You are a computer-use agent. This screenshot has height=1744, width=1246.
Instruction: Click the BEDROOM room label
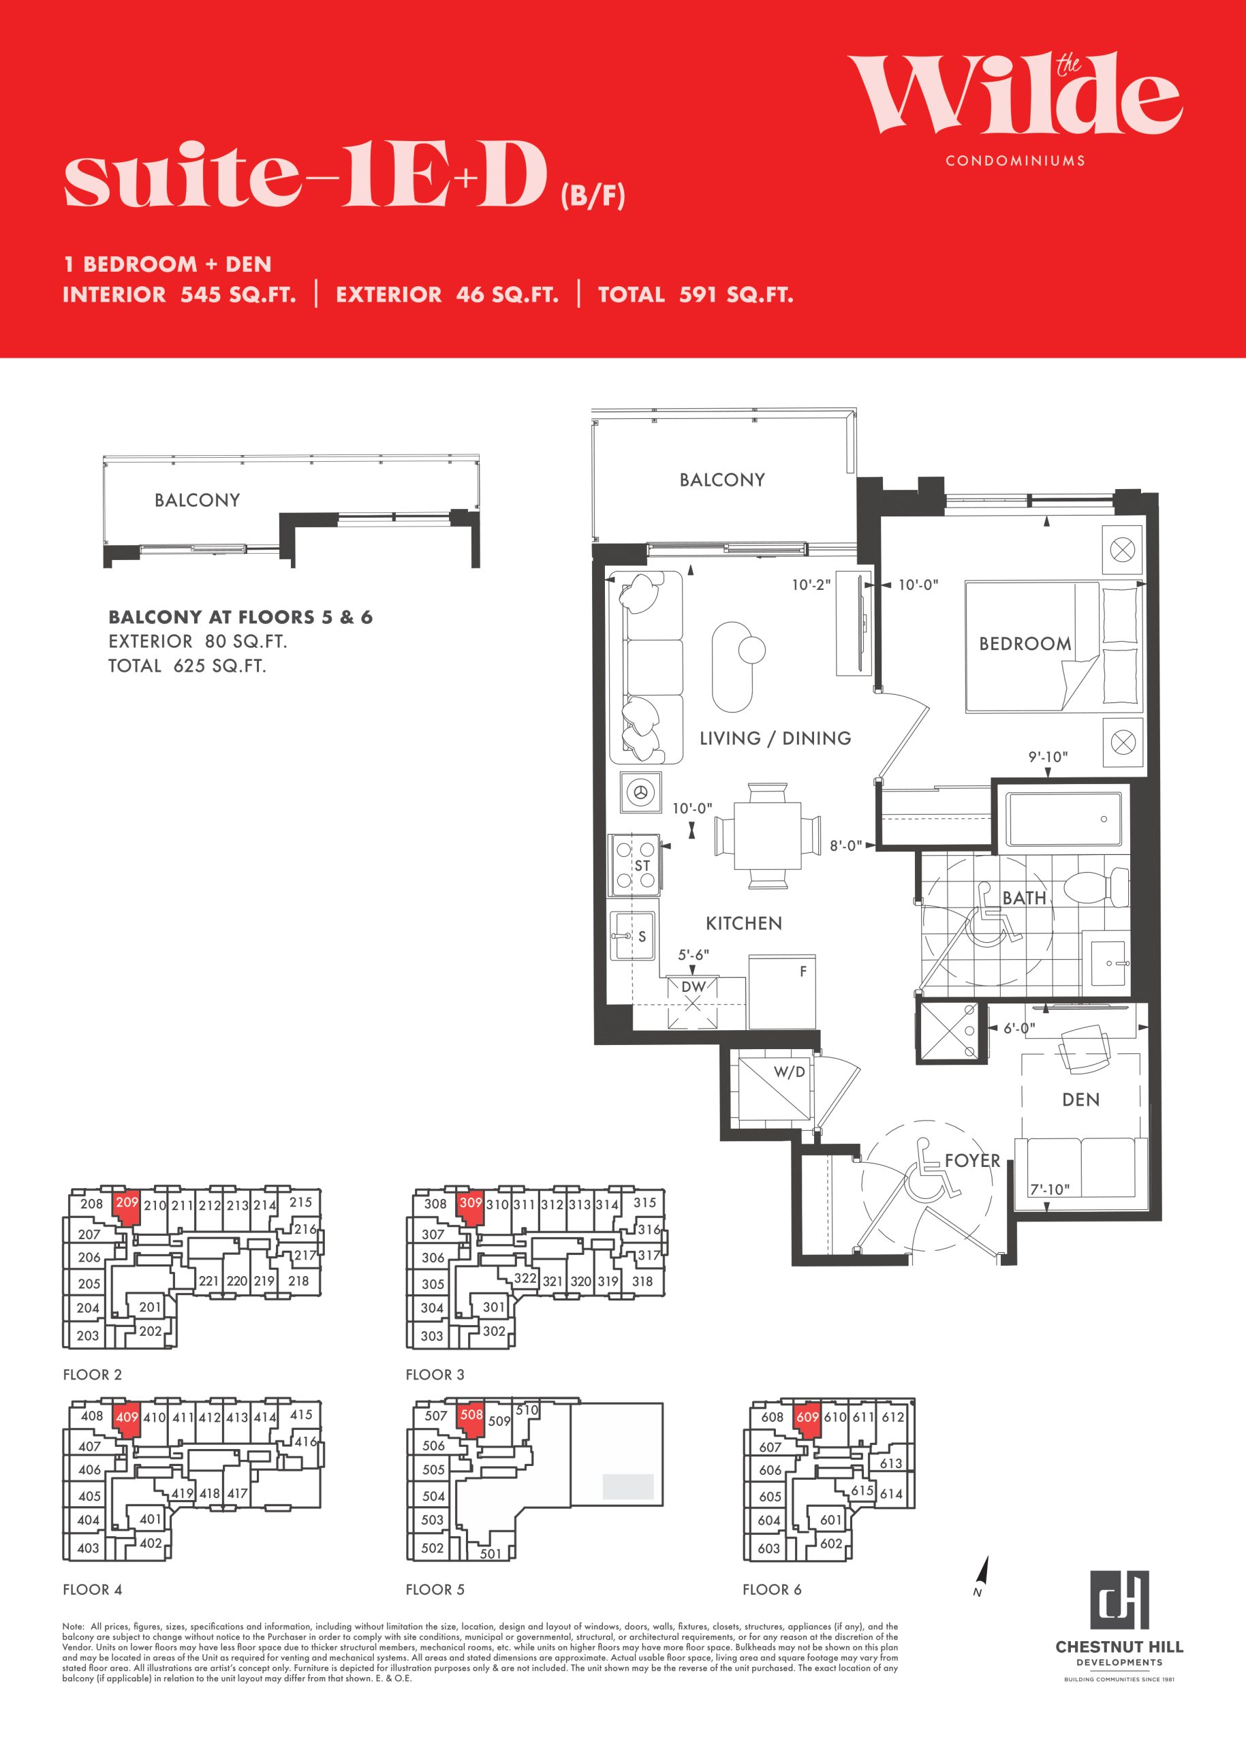1025,643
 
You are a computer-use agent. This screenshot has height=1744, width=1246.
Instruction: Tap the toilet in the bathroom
1098,887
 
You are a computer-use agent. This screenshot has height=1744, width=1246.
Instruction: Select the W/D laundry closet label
789,1071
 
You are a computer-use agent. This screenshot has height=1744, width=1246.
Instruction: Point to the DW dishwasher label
693,986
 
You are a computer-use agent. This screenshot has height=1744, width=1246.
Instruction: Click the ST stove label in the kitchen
642,865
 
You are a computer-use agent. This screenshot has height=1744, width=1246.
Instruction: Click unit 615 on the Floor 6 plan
862,1490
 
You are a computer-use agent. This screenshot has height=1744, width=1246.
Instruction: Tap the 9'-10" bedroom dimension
1048,756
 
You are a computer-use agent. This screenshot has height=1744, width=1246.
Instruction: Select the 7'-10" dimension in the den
1050,1189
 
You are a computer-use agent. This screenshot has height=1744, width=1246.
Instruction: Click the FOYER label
972,1160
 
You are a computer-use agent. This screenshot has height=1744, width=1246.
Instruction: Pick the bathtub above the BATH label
1063,819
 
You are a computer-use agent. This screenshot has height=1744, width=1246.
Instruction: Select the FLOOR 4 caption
92,1589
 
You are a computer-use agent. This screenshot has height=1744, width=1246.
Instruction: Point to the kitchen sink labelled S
633,935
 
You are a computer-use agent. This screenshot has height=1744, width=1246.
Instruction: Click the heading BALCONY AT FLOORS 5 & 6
240,617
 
